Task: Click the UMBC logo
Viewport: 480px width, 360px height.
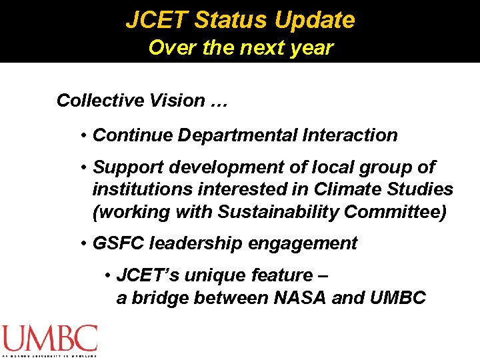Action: coord(49,340)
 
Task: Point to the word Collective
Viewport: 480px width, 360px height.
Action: coord(93,101)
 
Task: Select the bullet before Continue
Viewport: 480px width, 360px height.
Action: coord(84,136)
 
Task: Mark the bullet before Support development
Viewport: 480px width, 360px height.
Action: coord(84,168)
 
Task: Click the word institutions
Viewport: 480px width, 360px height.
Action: coord(137,189)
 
